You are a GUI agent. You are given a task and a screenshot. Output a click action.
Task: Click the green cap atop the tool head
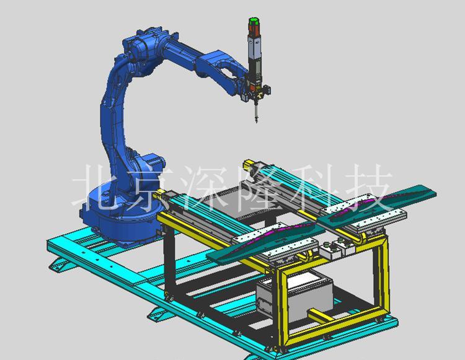point(254,22)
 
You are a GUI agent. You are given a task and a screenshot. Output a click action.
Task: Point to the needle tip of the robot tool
point(257,122)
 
